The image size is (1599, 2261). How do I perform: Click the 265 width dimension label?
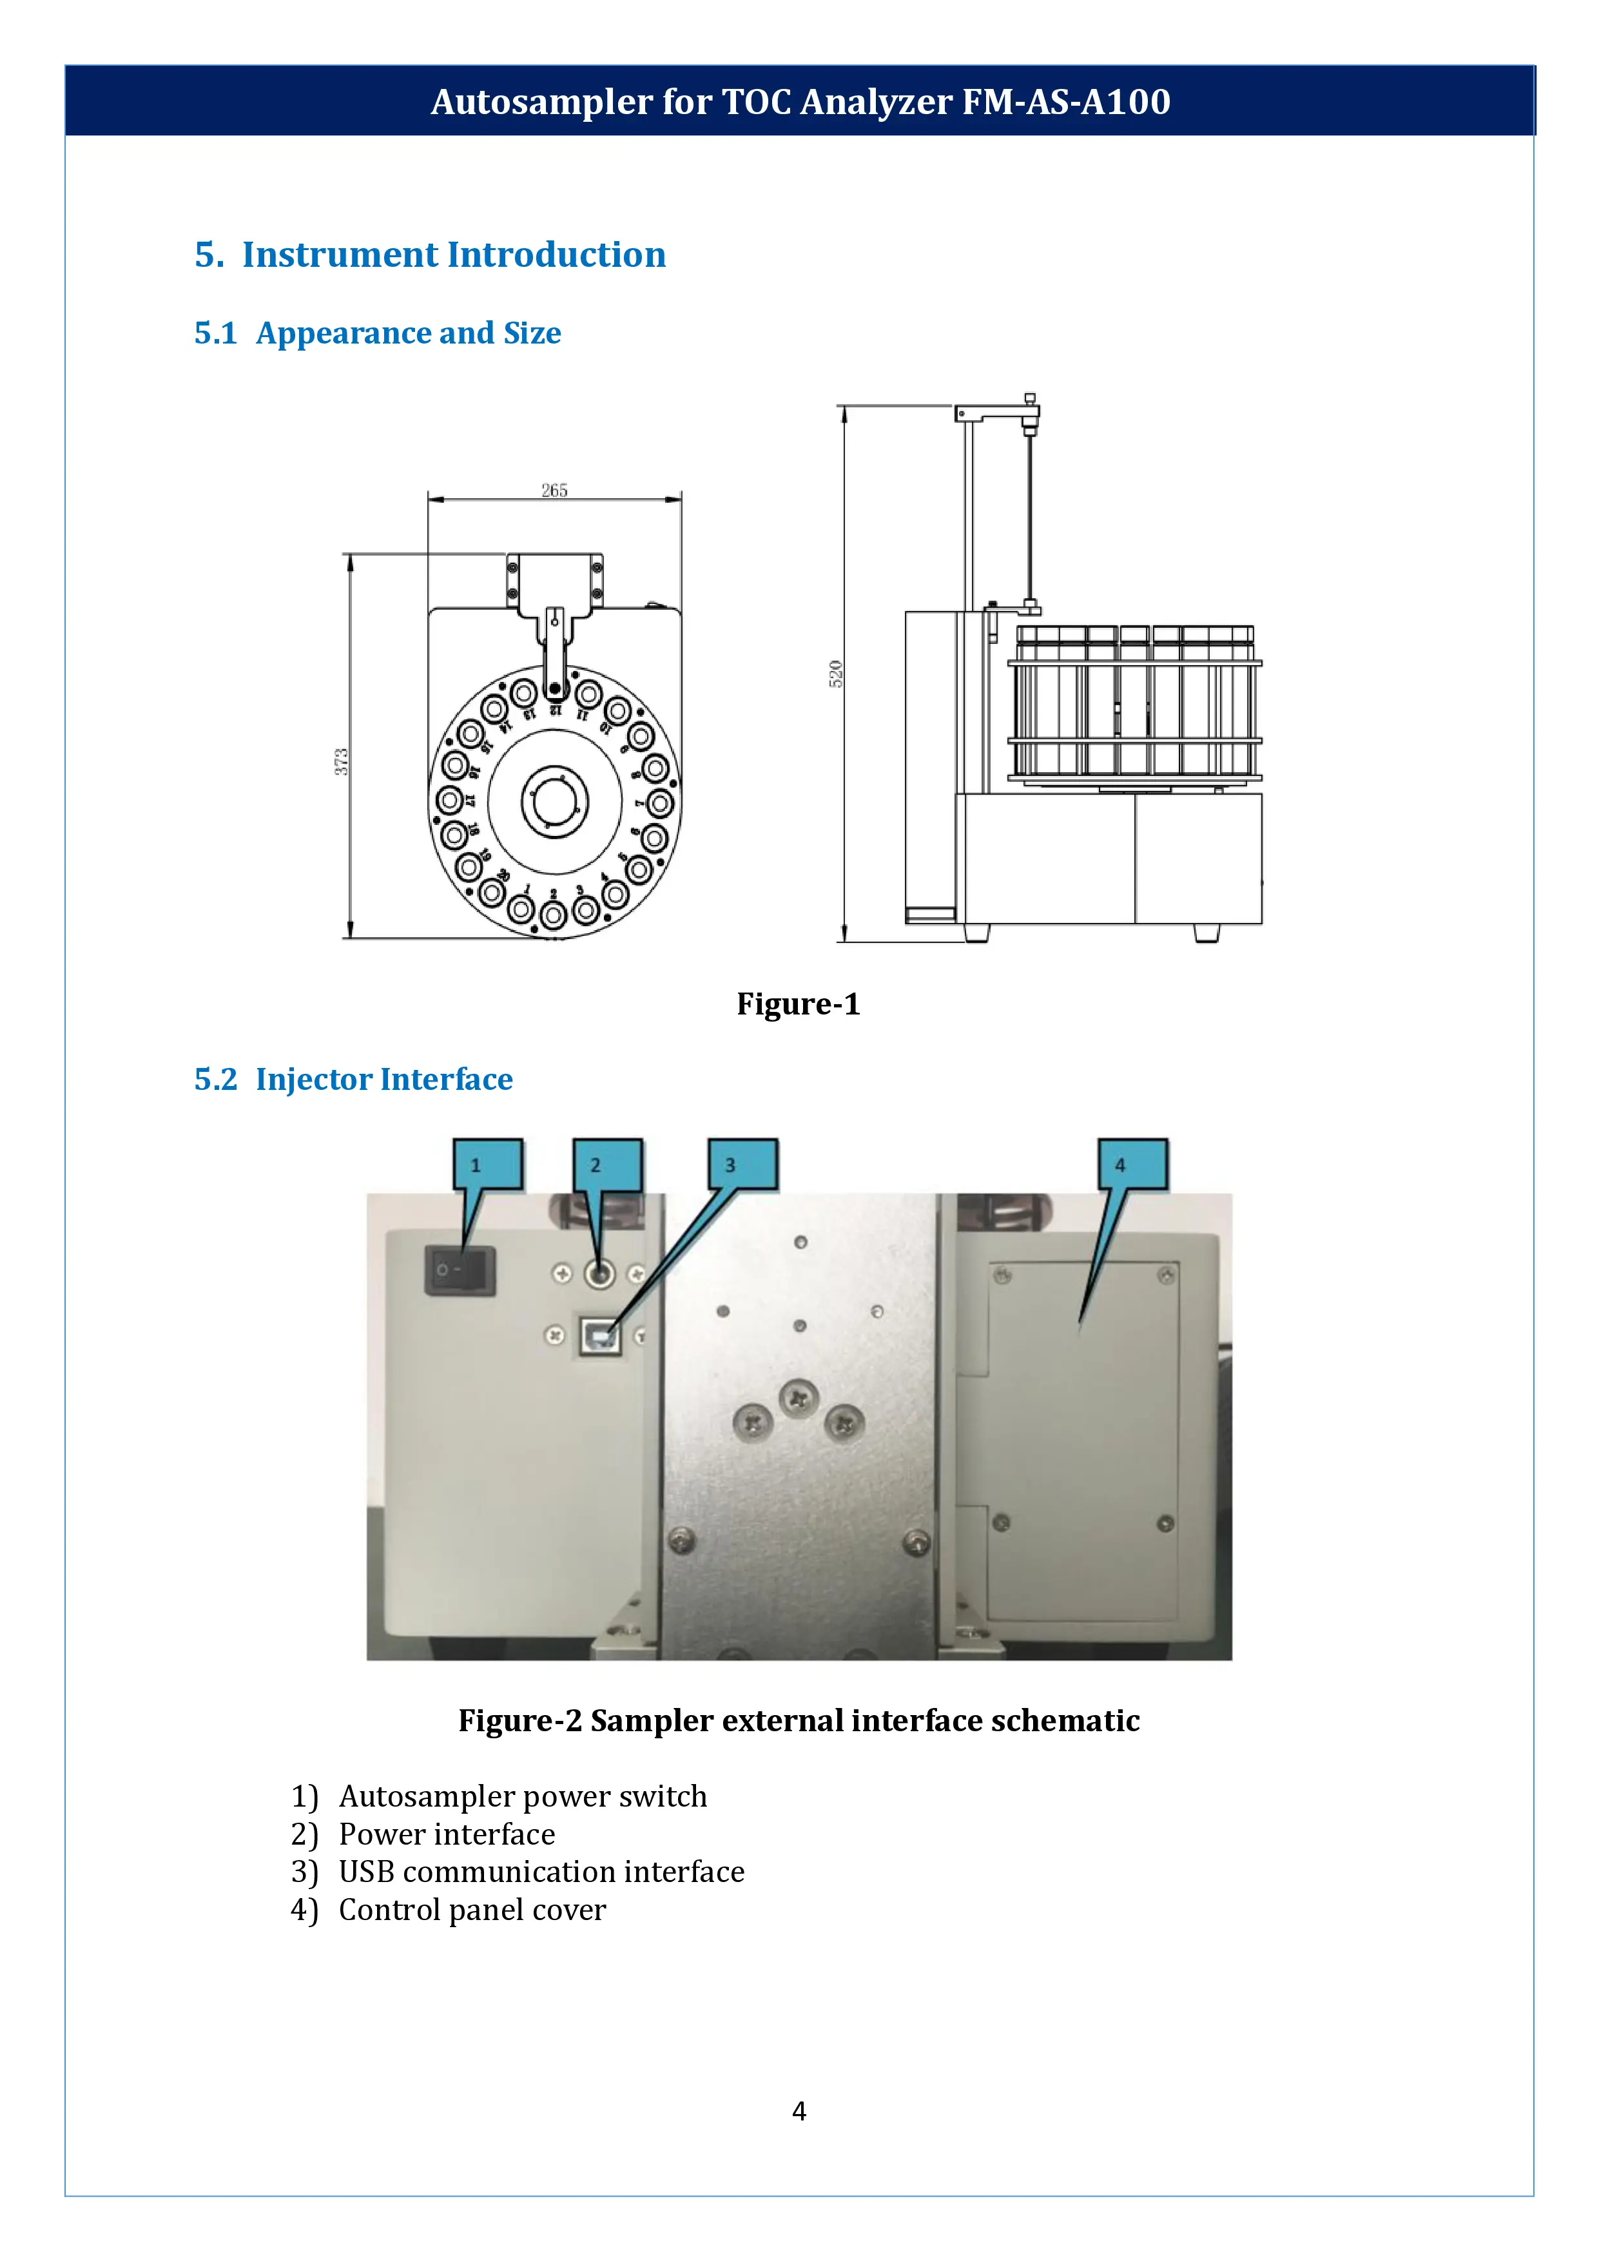point(554,490)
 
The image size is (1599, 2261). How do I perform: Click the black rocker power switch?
point(460,1270)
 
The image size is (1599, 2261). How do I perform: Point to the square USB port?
point(599,1336)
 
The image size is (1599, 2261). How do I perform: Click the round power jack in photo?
point(599,1274)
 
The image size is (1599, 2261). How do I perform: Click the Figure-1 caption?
point(799,1004)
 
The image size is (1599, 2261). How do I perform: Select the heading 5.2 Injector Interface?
point(353,1080)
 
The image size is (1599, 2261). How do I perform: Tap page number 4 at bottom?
point(799,2110)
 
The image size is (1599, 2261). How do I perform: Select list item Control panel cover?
point(472,1910)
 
